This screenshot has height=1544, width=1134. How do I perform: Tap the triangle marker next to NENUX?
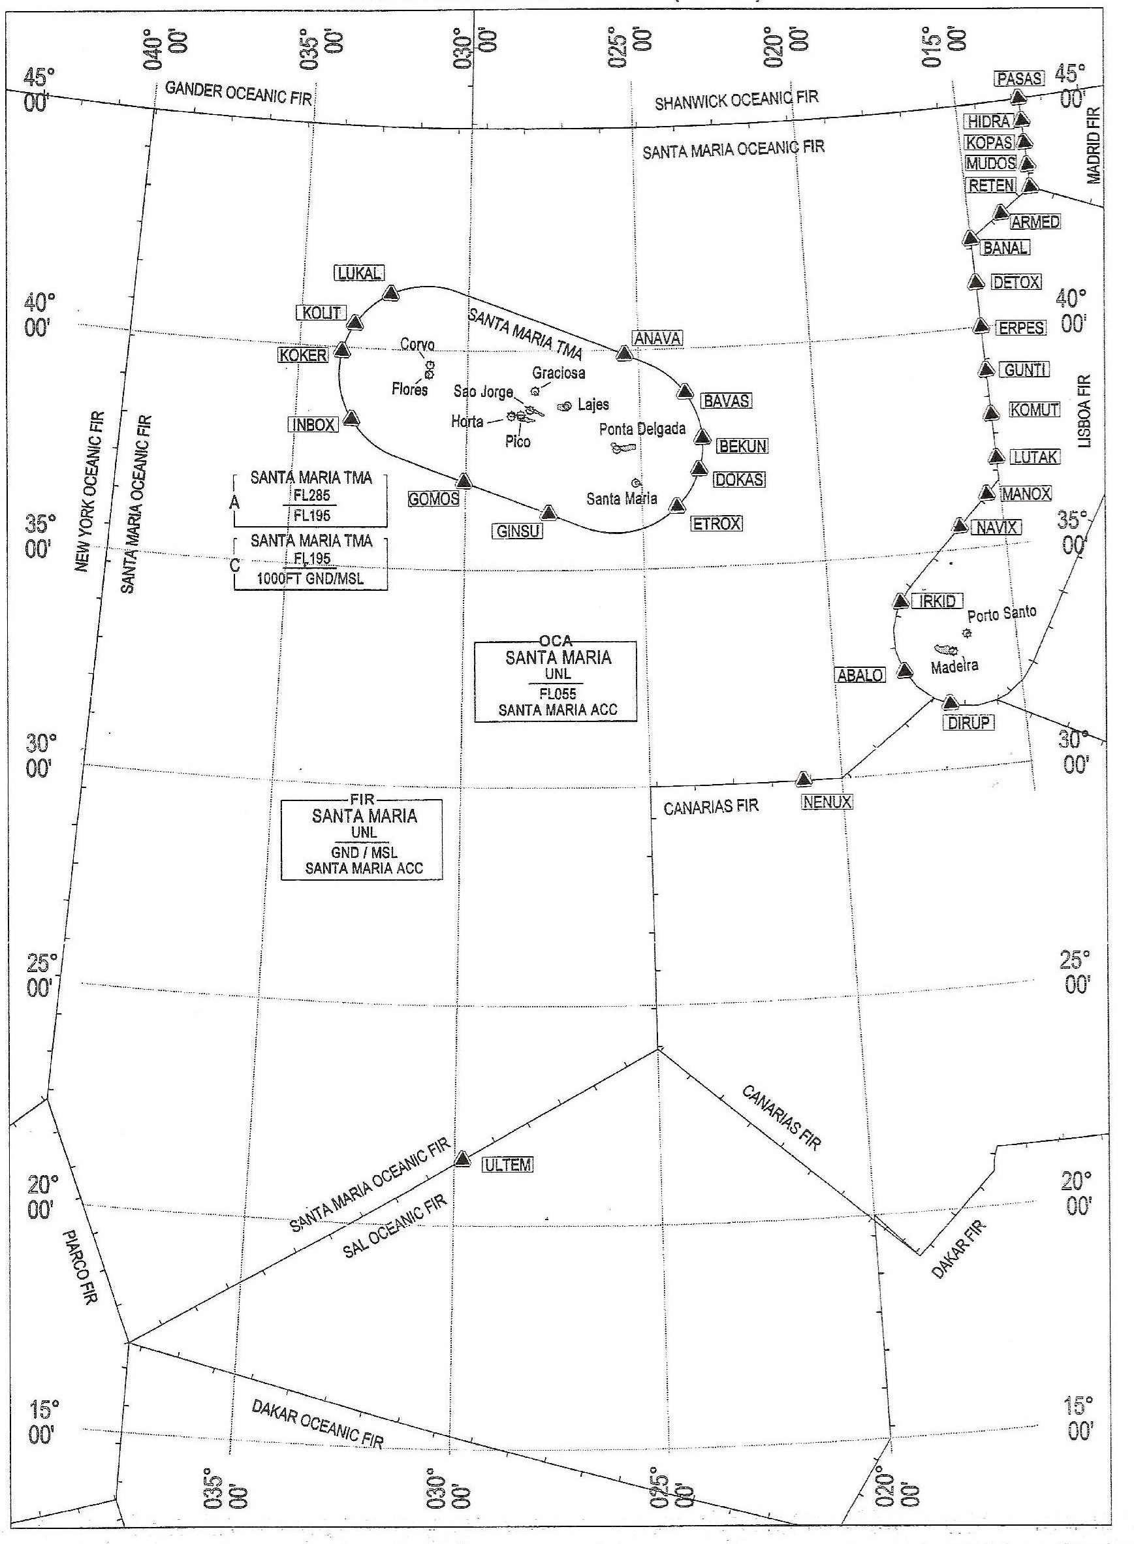(804, 778)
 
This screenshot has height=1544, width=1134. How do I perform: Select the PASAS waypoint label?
(1019, 79)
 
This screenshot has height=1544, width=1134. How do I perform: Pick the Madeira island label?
(954, 665)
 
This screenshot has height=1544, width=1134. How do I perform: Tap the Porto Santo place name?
(1001, 613)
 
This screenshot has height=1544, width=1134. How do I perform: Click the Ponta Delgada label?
(642, 429)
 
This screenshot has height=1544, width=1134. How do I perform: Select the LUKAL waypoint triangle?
(390, 293)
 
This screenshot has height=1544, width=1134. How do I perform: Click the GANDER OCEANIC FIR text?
(238, 93)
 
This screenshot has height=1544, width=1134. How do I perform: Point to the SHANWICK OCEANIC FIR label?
(736, 101)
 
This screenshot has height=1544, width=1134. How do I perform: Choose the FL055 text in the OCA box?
(557, 694)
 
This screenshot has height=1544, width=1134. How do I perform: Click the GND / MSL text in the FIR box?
(361, 853)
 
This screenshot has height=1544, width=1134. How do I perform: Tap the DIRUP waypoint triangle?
(951, 702)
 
